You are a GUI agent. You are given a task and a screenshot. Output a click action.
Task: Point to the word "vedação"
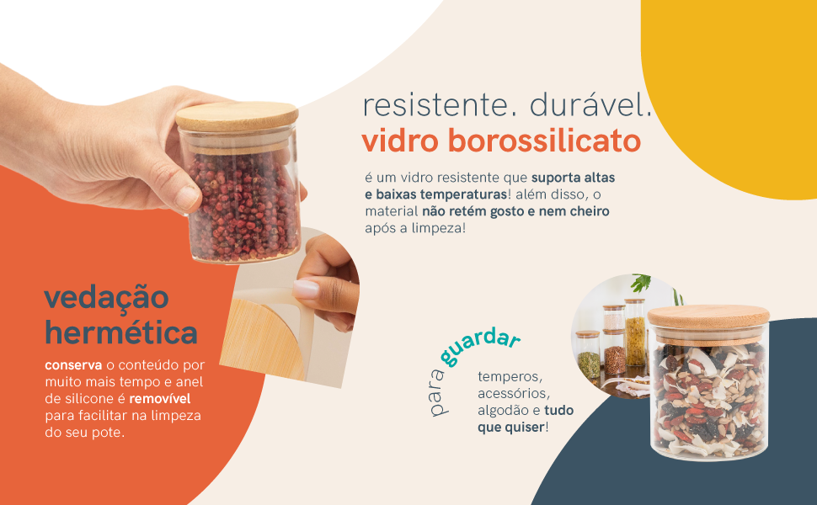[106, 297]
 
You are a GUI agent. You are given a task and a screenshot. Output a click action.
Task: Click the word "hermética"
[121, 332]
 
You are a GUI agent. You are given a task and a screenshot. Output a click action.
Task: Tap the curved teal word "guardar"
[479, 346]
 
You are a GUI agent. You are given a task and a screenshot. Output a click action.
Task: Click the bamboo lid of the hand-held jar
[238, 116]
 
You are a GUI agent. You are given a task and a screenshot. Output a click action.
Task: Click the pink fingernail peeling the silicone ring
[306, 289]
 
